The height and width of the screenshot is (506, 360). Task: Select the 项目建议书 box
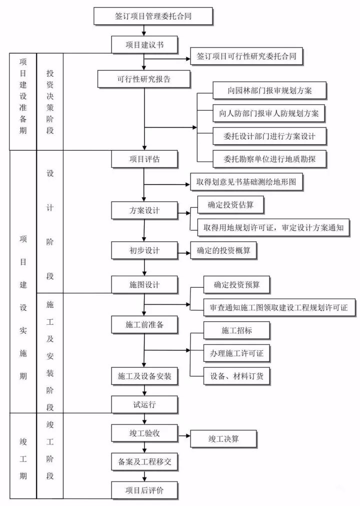(144, 45)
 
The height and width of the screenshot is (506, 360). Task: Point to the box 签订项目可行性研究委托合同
(246, 57)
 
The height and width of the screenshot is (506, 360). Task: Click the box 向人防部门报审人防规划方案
(269, 113)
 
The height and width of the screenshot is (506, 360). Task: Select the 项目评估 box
(144, 159)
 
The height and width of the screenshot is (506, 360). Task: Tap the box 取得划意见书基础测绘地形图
(246, 183)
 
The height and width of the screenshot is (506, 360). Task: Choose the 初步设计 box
(144, 250)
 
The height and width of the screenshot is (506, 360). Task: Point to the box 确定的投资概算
(223, 250)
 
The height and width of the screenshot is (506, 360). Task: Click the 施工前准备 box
(144, 325)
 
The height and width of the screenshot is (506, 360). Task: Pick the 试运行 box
(144, 404)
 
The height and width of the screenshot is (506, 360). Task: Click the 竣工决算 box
(223, 439)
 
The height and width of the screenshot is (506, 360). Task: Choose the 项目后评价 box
(144, 490)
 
